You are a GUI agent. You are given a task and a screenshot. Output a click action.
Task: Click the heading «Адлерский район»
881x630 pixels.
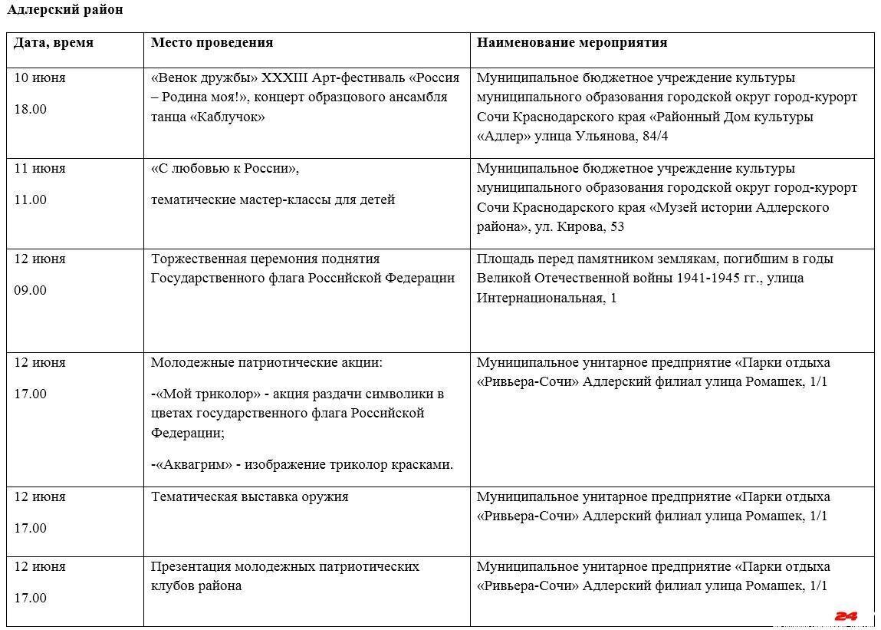click(x=64, y=10)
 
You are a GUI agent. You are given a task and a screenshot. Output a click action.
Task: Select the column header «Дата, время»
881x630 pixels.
click(x=54, y=43)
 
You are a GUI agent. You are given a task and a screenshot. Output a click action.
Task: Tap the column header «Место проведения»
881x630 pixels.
click(x=212, y=43)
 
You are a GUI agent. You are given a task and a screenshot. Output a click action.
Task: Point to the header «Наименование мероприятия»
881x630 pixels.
click(x=572, y=43)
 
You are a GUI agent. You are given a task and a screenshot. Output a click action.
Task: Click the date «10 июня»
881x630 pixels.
click(x=40, y=78)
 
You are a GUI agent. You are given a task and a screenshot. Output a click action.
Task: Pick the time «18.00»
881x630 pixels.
click(x=31, y=109)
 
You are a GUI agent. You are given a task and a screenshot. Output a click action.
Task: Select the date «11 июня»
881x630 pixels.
click(x=40, y=168)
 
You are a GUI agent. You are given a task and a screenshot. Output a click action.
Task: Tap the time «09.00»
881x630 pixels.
click(x=31, y=290)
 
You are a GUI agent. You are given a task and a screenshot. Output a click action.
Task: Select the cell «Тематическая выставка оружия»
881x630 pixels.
click(x=250, y=496)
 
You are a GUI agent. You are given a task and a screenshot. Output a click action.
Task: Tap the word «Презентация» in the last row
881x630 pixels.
click(x=189, y=566)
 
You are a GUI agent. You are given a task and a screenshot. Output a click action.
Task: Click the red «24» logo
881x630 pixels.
click(x=845, y=615)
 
